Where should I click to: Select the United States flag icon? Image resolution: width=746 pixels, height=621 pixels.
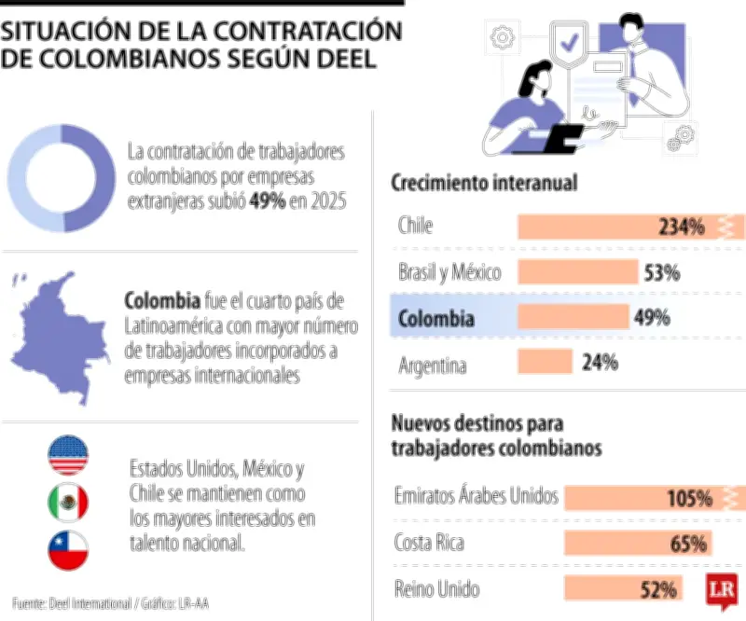68,455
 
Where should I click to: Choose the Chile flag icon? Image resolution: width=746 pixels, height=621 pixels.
68,551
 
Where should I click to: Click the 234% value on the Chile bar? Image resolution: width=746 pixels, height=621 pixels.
680,227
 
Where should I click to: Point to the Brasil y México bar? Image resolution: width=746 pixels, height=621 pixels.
576,272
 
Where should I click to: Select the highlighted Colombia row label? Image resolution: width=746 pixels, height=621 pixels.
435,318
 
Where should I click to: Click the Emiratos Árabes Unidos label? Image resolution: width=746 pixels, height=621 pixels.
476,496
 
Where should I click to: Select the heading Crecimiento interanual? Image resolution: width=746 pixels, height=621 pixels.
484,183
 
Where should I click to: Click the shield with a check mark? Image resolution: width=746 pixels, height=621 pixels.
566,42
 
